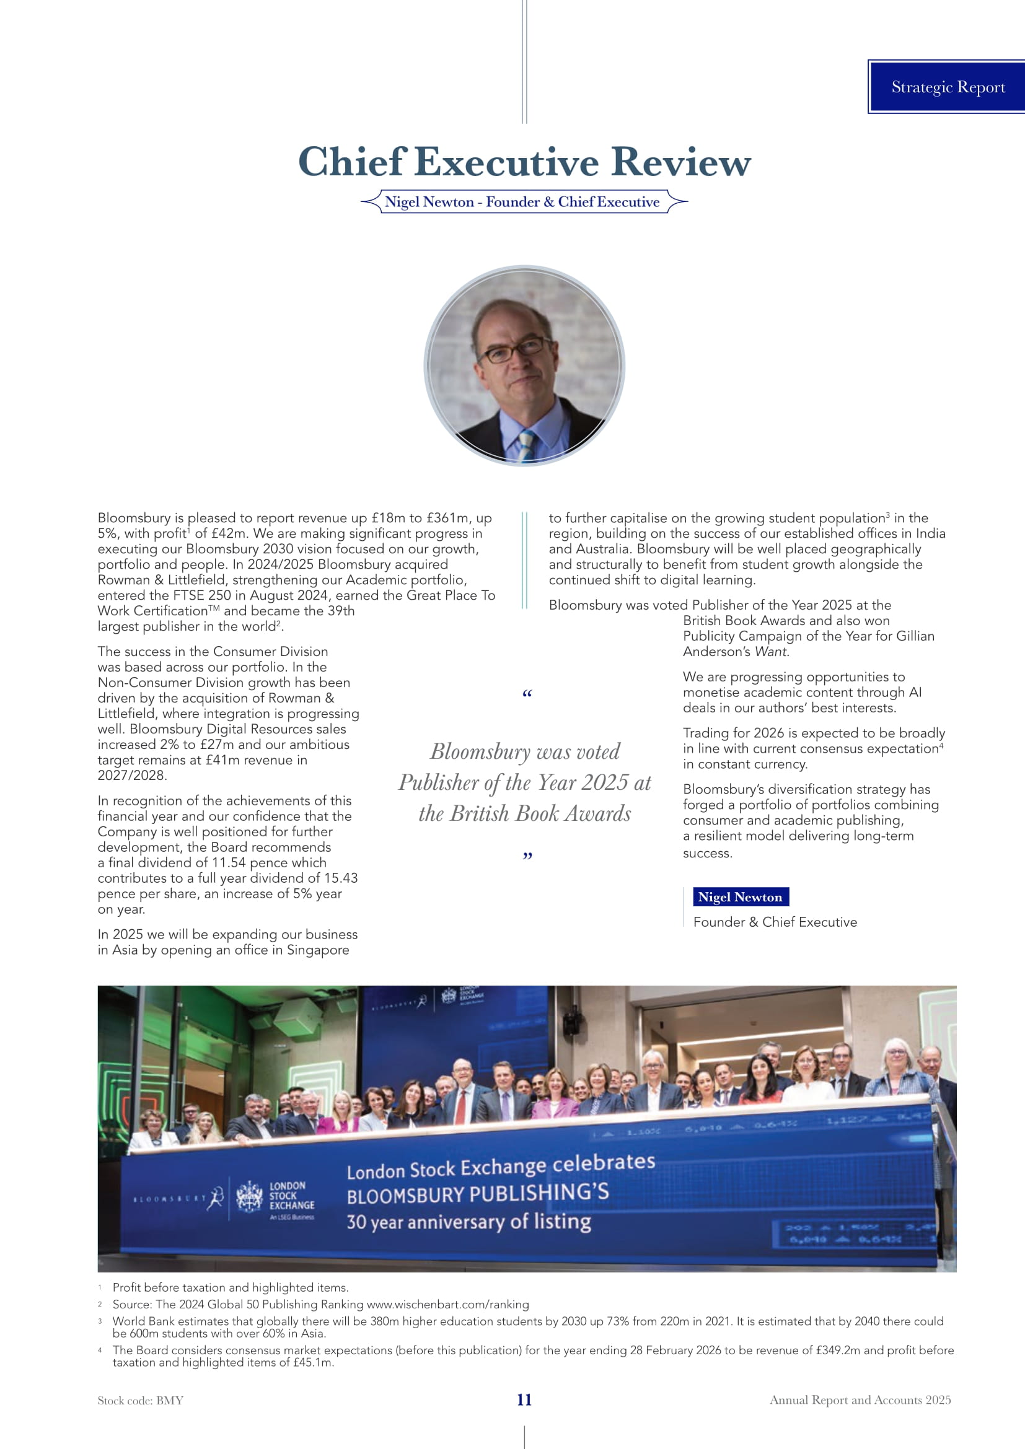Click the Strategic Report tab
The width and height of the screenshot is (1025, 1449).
[948, 87]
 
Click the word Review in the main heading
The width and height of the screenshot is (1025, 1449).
[681, 162]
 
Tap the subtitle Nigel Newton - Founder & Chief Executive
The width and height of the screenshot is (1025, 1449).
[522, 202]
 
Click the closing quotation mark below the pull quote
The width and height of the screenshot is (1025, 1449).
[527, 856]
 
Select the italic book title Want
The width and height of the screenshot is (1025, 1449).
[771, 652]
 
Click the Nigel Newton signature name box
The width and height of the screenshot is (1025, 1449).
[740, 897]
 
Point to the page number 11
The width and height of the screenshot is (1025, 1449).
[524, 1400]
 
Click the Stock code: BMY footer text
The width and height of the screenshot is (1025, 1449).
[140, 1401]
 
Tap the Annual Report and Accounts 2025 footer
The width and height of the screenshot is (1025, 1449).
[860, 1400]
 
